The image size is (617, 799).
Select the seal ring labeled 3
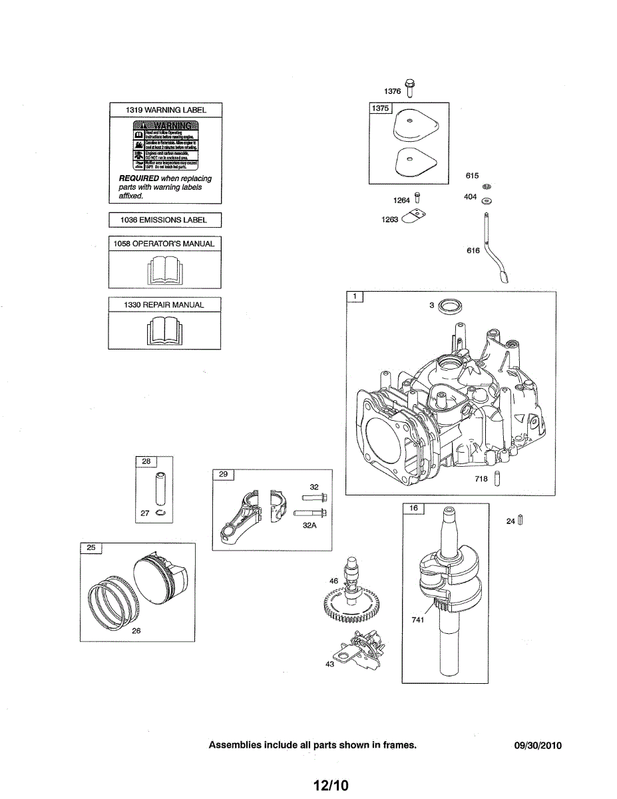[x=453, y=306]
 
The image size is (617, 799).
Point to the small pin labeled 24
[x=520, y=521]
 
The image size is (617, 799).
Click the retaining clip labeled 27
[x=160, y=513]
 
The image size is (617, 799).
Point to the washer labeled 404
[x=487, y=200]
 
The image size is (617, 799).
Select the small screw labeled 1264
[x=417, y=198]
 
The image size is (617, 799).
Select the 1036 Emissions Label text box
[x=165, y=220]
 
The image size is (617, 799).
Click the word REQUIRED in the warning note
[x=138, y=178]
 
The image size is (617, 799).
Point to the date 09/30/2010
[x=538, y=746]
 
